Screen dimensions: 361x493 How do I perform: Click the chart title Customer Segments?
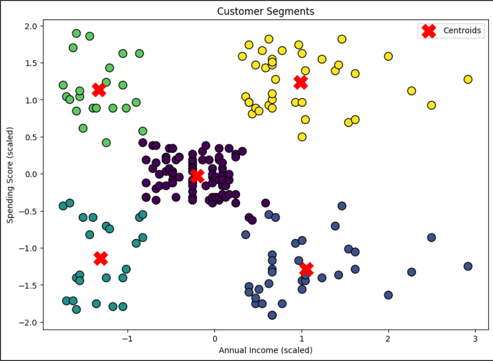[265, 11]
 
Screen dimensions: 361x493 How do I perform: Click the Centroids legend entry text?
[462, 31]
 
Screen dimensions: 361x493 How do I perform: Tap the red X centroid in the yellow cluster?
[300, 82]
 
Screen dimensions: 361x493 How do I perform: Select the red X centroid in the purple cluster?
[197, 176]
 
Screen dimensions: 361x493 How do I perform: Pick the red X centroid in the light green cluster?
[99, 89]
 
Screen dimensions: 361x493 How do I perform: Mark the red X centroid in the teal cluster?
[101, 258]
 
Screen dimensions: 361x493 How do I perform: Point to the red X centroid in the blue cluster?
[306, 269]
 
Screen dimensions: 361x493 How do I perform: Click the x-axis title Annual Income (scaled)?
[265, 350]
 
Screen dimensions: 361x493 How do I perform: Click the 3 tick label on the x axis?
[475, 338]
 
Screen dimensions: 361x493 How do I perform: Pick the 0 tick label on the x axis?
[215, 338]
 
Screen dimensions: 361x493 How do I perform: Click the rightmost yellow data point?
[467, 79]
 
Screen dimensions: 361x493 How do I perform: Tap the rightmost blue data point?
[467, 266]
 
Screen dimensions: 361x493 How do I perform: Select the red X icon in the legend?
[429, 31]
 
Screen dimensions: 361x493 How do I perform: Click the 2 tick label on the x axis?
[388, 338]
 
